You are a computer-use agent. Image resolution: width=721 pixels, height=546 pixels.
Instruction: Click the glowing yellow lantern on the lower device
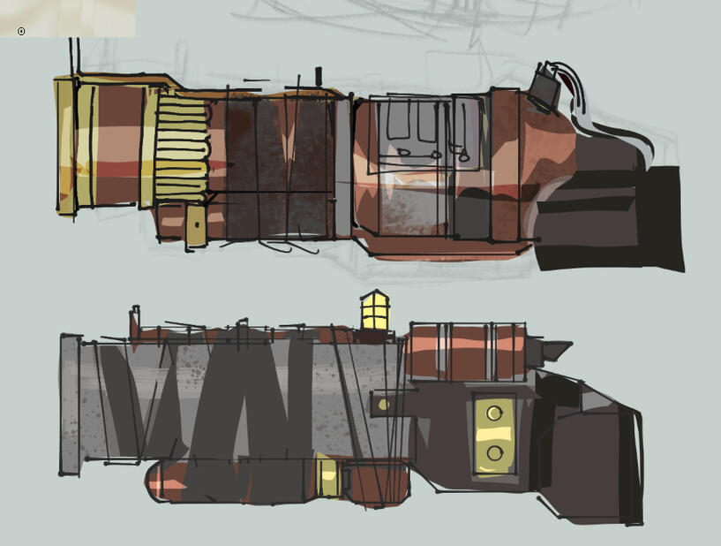(374, 311)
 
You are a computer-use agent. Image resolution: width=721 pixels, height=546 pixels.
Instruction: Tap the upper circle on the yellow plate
(495, 413)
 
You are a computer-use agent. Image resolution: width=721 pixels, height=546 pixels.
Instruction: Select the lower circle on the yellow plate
(495, 452)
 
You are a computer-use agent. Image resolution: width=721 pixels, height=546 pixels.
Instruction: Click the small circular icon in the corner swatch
(21, 31)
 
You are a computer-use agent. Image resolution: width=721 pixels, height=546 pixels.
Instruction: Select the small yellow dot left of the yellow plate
(383, 405)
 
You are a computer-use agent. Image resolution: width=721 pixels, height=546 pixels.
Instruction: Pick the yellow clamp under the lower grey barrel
(328, 477)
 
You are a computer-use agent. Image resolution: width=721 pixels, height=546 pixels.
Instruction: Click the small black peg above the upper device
(319, 76)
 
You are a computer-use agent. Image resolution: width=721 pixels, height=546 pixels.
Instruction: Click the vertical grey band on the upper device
(342, 168)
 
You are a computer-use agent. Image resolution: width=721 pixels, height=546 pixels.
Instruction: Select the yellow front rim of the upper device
(64, 146)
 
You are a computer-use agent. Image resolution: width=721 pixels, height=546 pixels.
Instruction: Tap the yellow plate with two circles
(495, 432)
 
